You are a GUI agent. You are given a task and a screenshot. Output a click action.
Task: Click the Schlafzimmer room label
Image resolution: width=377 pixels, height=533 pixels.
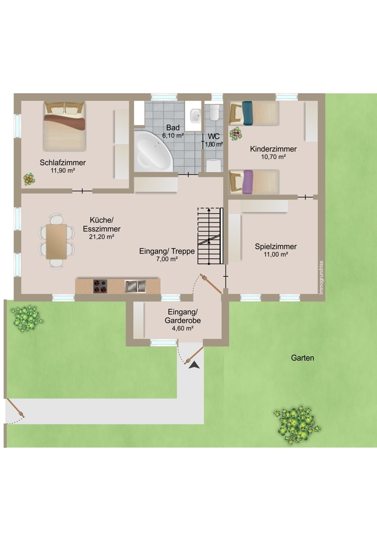(63, 163)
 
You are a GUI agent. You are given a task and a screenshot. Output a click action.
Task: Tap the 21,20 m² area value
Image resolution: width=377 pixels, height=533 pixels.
(101, 237)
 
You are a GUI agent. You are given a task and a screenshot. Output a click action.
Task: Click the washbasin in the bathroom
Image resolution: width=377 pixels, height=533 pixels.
(196, 115)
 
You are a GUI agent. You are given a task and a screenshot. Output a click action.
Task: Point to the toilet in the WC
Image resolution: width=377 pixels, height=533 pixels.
(214, 112)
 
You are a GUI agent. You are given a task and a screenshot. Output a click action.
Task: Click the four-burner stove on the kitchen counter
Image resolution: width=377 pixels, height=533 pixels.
(100, 286)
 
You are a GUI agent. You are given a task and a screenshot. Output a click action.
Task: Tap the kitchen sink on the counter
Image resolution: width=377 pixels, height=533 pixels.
(135, 286)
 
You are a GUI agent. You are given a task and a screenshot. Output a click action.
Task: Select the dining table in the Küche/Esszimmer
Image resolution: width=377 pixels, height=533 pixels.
(56, 241)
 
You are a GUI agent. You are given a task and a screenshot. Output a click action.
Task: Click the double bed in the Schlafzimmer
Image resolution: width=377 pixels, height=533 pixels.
(64, 126)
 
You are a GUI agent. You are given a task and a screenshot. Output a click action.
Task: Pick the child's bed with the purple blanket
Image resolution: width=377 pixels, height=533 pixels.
(254, 182)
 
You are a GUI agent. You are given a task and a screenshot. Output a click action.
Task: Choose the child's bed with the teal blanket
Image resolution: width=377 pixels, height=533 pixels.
(254, 113)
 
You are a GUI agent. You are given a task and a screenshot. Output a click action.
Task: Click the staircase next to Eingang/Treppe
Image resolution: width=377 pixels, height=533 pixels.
(210, 236)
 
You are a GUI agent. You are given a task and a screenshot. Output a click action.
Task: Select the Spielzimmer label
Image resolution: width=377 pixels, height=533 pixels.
(276, 247)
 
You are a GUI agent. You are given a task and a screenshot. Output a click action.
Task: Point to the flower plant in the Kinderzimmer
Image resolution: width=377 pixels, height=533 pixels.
(236, 134)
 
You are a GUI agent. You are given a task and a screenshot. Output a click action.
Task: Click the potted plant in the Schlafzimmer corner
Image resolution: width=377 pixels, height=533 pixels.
(29, 179)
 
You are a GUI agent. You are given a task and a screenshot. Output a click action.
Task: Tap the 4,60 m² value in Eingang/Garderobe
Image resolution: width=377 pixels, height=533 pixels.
(182, 329)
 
